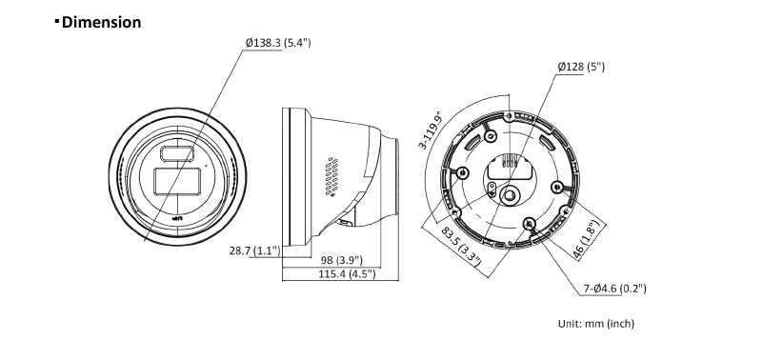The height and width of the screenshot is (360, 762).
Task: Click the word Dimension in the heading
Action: pyautogui.click(x=102, y=22)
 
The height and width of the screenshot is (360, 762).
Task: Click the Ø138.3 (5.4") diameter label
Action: pyautogui.click(x=278, y=43)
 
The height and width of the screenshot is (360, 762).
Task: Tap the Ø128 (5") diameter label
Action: pyautogui.click(x=581, y=67)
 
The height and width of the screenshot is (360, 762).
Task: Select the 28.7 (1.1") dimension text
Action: pyautogui.click(x=254, y=250)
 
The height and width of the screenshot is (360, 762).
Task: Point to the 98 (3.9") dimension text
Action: pyautogui.click(x=341, y=261)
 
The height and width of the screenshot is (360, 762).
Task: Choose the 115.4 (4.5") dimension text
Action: pyautogui.click(x=347, y=273)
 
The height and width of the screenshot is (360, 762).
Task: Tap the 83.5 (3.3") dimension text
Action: pyautogui.click(x=461, y=247)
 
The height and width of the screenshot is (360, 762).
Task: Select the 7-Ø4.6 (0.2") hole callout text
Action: pyautogui.click(x=614, y=289)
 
